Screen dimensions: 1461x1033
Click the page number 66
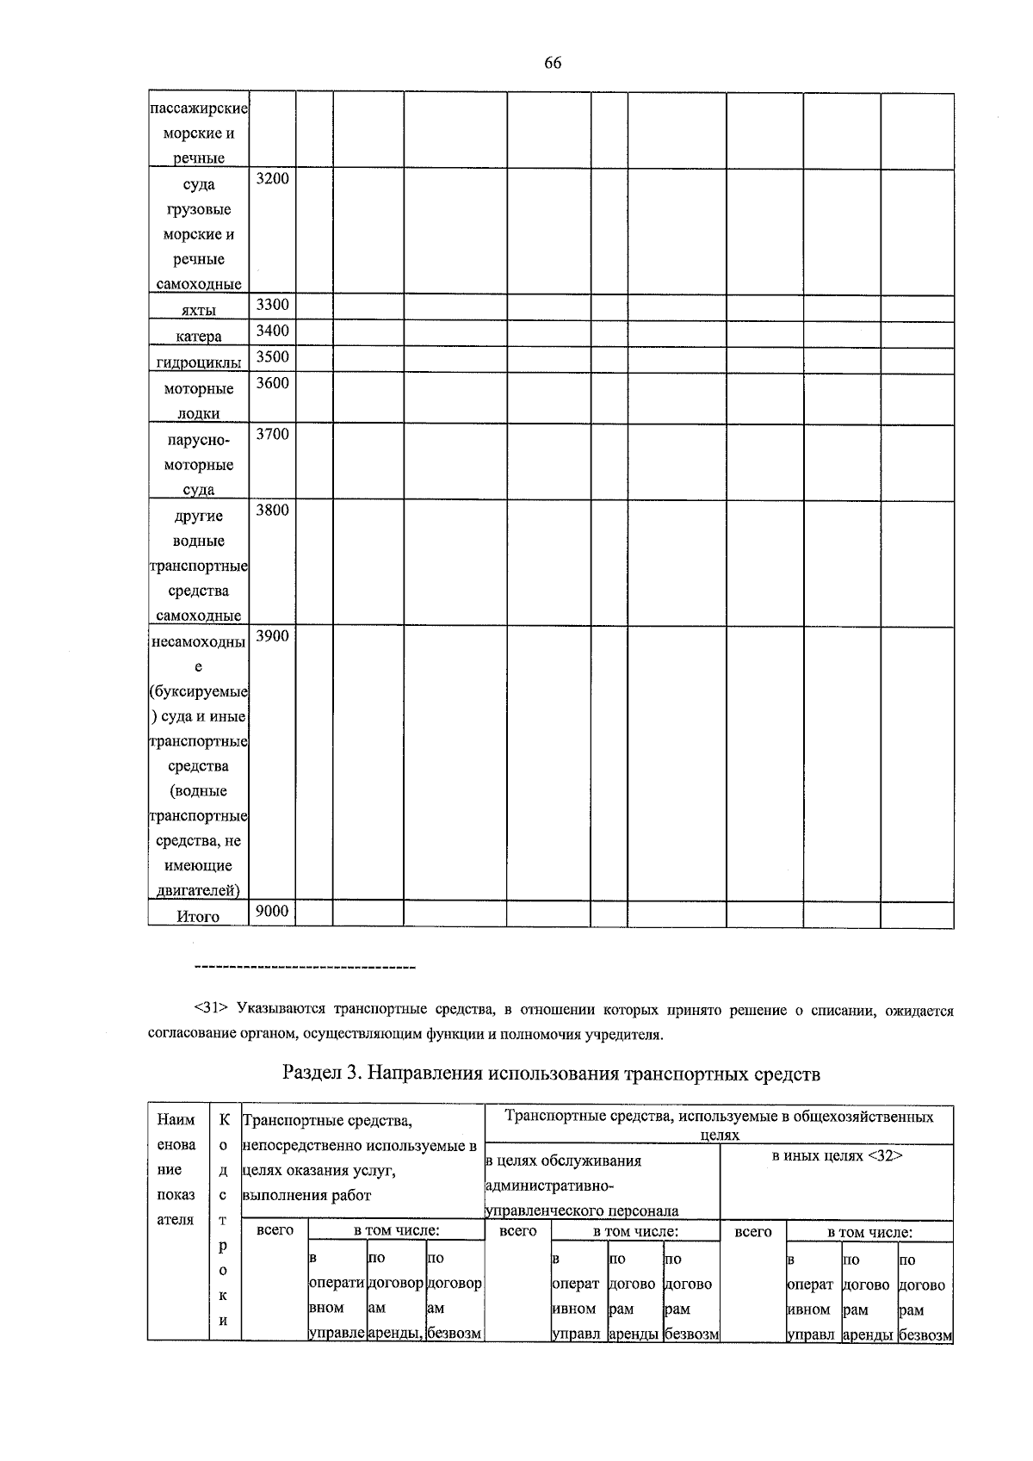pyautogui.click(x=553, y=63)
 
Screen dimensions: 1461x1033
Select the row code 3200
pyautogui.click(x=272, y=178)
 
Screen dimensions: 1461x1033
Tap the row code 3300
pyautogui.click(x=272, y=305)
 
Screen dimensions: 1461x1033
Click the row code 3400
pyautogui.click(x=272, y=331)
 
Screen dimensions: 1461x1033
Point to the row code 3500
pyautogui.click(x=272, y=356)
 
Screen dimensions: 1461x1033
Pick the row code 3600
pyautogui.click(x=272, y=383)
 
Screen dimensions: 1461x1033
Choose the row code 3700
pyautogui.click(x=272, y=434)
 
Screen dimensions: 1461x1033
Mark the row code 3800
pyautogui.click(x=272, y=510)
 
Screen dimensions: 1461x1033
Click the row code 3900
pyautogui.click(x=272, y=635)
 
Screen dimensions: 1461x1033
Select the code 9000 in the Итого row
pyautogui.click(x=272, y=911)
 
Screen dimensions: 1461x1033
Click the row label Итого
pyautogui.click(x=198, y=917)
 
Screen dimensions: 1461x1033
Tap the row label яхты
pyautogui.click(x=198, y=311)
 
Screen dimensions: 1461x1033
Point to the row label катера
pyautogui.click(x=198, y=337)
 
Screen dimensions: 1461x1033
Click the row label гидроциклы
pyautogui.click(x=198, y=362)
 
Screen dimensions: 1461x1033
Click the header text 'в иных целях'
pyautogui.click(x=818, y=1156)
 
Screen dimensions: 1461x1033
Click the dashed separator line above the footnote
pyautogui.click(x=305, y=969)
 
